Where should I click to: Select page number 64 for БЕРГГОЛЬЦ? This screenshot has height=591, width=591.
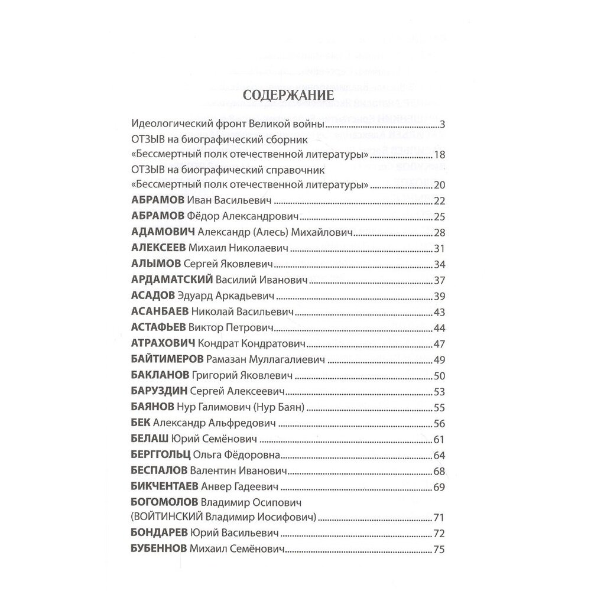[438, 455]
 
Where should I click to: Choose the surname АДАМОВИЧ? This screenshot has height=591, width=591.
[162, 231]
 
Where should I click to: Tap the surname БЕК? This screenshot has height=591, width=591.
[139, 423]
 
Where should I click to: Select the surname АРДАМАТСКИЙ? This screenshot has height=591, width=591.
[170, 279]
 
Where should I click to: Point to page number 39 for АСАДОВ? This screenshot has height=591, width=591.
[438, 295]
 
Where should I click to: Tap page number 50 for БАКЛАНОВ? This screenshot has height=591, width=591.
[438, 375]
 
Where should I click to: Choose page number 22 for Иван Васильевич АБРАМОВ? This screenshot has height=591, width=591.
[438, 199]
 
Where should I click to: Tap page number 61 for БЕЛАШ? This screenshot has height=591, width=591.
[438, 439]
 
